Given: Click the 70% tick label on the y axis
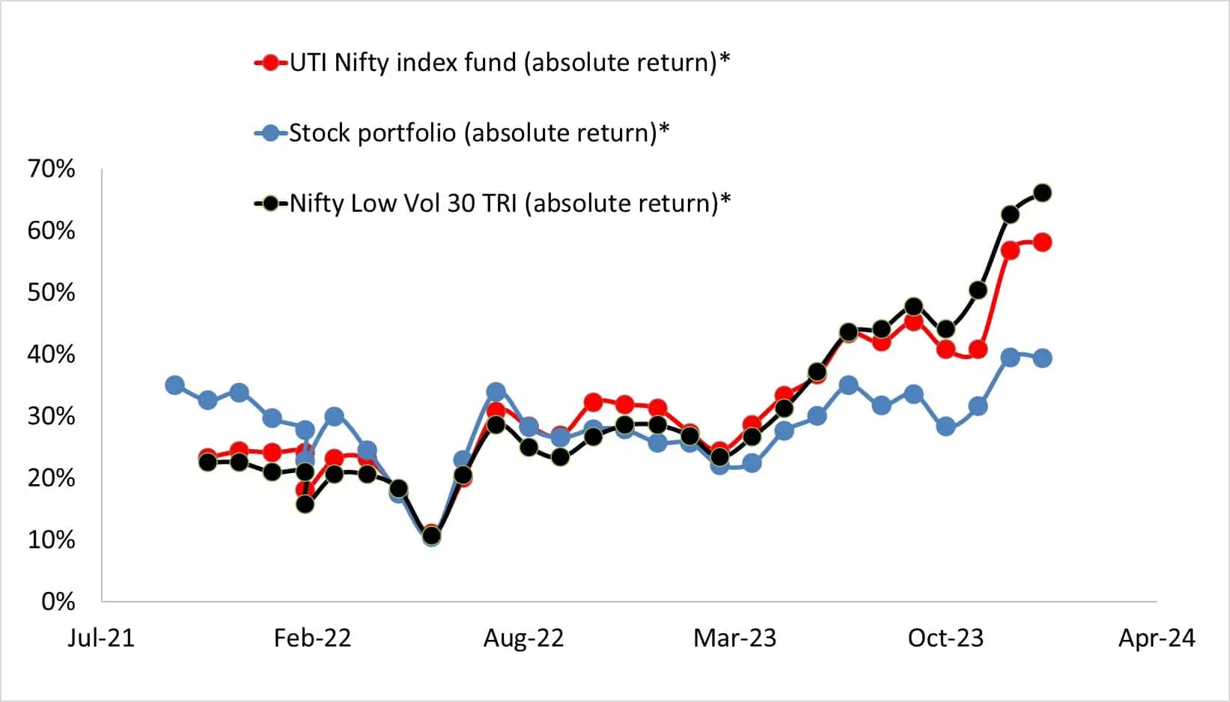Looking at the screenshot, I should click(51, 169).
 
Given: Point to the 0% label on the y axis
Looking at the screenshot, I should click(58, 601).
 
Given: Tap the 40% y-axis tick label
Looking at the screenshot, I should click(51, 354).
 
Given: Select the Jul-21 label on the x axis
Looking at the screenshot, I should click(100, 638).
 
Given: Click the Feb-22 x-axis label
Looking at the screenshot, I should click(312, 638).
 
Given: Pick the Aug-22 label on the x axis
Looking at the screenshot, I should click(523, 638).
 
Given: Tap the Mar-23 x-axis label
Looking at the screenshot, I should click(734, 638).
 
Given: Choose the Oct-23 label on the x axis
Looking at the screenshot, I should click(946, 638).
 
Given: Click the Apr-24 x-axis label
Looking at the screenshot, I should click(1157, 638).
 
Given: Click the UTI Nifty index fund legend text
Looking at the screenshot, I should click(509, 62).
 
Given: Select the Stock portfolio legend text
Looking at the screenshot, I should click(479, 133).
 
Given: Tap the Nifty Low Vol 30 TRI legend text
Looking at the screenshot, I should click(510, 203).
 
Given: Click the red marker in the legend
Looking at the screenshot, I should click(271, 63).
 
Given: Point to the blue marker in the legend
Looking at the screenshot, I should click(271, 133).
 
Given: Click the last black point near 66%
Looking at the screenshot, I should click(1042, 193).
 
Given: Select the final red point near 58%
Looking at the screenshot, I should click(1042, 242).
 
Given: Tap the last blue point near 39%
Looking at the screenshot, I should click(1042, 358).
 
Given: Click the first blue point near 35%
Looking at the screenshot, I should click(174, 385).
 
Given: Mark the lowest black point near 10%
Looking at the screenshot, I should click(431, 536).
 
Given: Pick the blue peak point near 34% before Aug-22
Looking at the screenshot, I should click(496, 391).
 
